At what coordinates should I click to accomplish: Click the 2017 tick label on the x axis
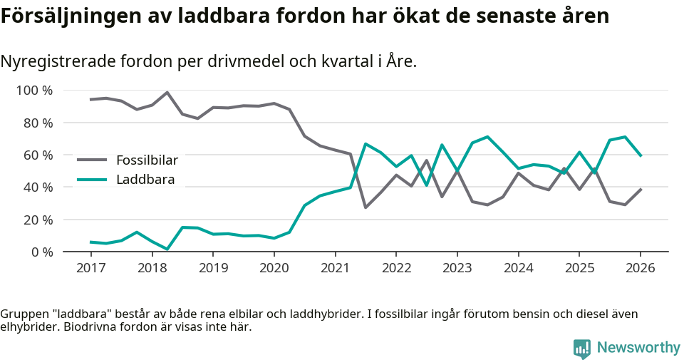point(90,268)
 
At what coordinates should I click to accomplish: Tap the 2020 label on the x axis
point(274,268)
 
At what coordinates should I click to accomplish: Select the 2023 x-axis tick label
point(457,268)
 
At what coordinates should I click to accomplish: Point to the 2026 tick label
point(640,268)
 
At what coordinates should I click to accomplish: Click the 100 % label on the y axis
point(34,91)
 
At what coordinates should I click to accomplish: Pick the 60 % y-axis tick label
point(38,155)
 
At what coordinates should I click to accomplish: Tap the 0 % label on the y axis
point(41,252)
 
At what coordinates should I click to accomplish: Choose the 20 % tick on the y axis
point(38,220)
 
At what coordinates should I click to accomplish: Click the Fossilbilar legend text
point(147,160)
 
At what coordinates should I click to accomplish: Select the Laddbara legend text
point(145,180)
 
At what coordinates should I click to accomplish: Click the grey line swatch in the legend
point(92,160)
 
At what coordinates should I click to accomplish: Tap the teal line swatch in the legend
point(92,180)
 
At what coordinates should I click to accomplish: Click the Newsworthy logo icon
point(582,348)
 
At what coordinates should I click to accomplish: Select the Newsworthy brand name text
point(638,348)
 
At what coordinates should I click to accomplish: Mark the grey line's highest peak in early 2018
point(167,93)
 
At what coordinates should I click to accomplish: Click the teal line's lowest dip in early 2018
point(167,249)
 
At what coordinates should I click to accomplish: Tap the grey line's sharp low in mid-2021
point(366,207)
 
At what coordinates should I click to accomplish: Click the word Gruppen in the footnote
point(23,314)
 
